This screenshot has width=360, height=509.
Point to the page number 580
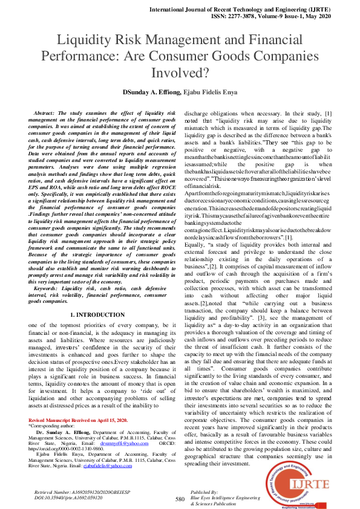(x=180, y=499)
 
